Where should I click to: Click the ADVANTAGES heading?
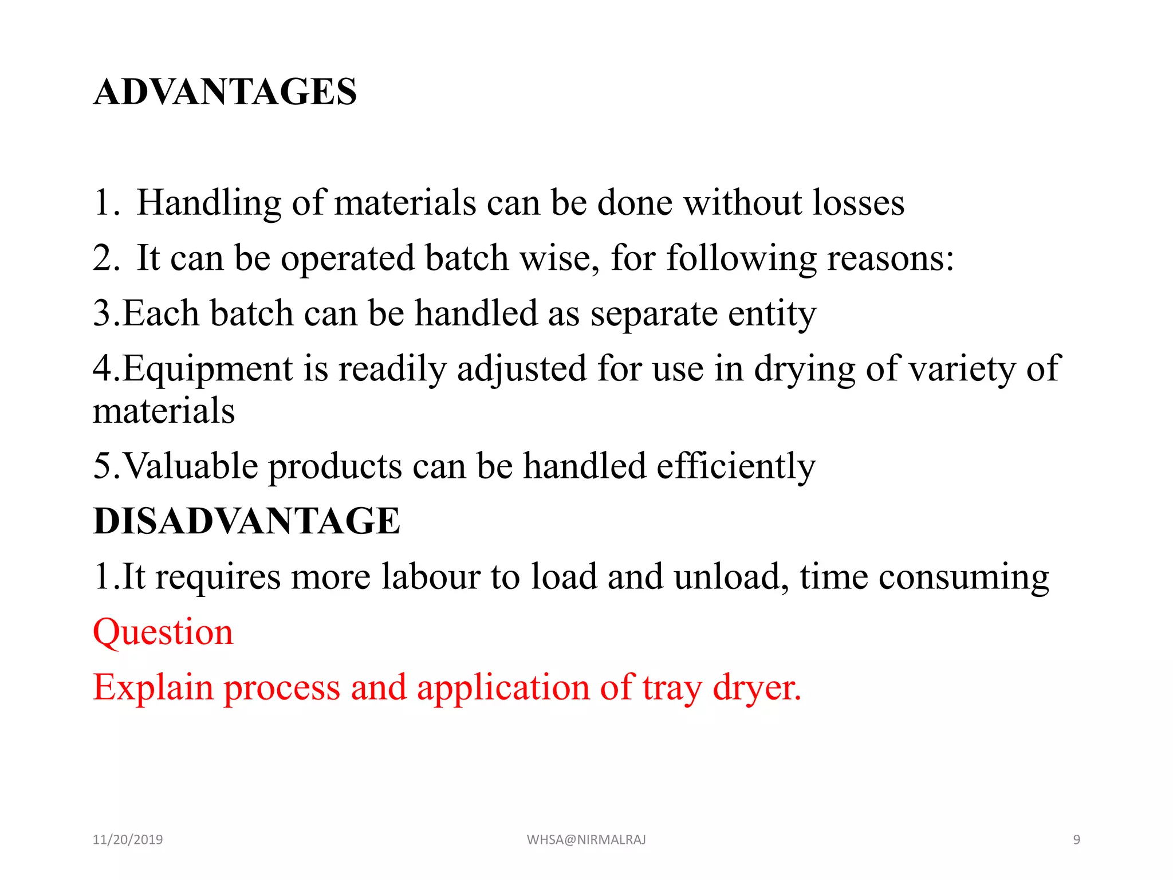[225, 92]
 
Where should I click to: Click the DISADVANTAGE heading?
[246, 521]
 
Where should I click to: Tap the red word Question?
[163, 632]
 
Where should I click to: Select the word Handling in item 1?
[209, 203]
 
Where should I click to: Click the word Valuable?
[190, 466]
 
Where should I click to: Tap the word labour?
[431, 576]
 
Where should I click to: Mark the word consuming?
[963, 577]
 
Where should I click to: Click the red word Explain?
[153, 687]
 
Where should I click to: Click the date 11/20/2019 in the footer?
[128, 840]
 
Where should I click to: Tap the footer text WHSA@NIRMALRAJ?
[586, 840]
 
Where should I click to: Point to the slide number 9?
[1076, 840]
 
